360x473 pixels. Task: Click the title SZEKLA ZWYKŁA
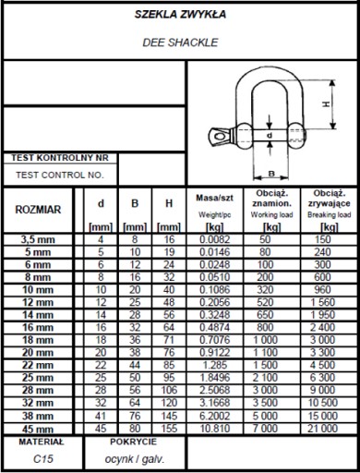click(180, 15)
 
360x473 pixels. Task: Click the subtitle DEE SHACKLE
click(180, 42)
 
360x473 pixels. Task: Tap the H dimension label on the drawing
click(326, 104)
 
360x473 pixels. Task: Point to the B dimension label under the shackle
click(271, 174)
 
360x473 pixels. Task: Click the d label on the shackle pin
click(270, 135)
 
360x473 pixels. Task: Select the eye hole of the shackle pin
click(220, 136)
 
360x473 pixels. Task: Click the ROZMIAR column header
click(38, 210)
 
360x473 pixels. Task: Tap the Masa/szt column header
click(215, 198)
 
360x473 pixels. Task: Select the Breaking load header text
click(330, 214)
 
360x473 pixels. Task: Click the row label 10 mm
click(38, 290)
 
